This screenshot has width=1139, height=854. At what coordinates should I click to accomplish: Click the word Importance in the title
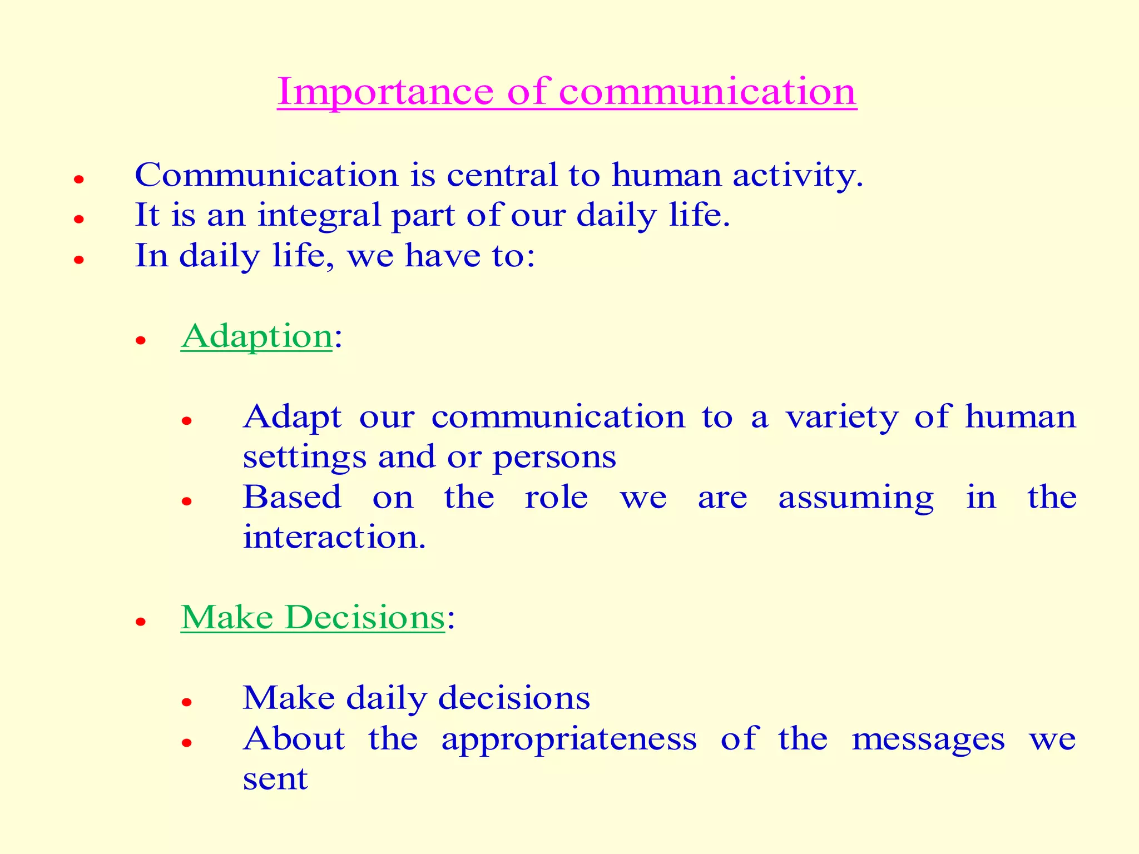coord(385,91)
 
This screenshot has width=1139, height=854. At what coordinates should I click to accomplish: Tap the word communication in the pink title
coord(707,91)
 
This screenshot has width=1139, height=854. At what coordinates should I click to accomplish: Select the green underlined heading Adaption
coord(256,337)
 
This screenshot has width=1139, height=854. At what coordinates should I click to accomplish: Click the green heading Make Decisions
coord(313,618)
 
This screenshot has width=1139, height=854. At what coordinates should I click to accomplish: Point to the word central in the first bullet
coord(501,176)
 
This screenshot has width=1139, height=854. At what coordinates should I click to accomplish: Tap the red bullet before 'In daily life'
coord(79,260)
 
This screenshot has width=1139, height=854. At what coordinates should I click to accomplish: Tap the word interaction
coord(334,538)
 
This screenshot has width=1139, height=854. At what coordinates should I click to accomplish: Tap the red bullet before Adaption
coord(141,340)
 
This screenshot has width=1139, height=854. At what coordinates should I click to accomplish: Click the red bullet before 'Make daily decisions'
coord(187,702)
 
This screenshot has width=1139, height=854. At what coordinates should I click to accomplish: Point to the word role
coord(556,498)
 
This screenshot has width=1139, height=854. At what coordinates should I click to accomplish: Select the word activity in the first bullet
coord(798,176)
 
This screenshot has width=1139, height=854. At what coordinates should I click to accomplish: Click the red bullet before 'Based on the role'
coord(187,502)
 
